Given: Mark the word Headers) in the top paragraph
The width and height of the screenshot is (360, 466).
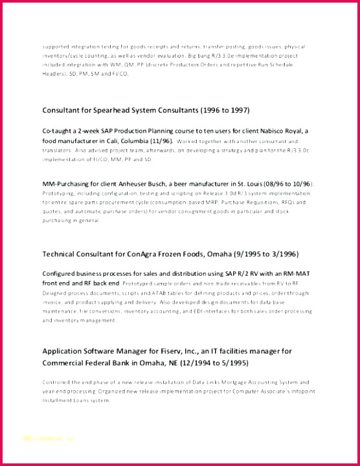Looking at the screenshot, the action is click(54, 74).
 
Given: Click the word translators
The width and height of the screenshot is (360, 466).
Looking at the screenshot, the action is click(56, 150).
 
